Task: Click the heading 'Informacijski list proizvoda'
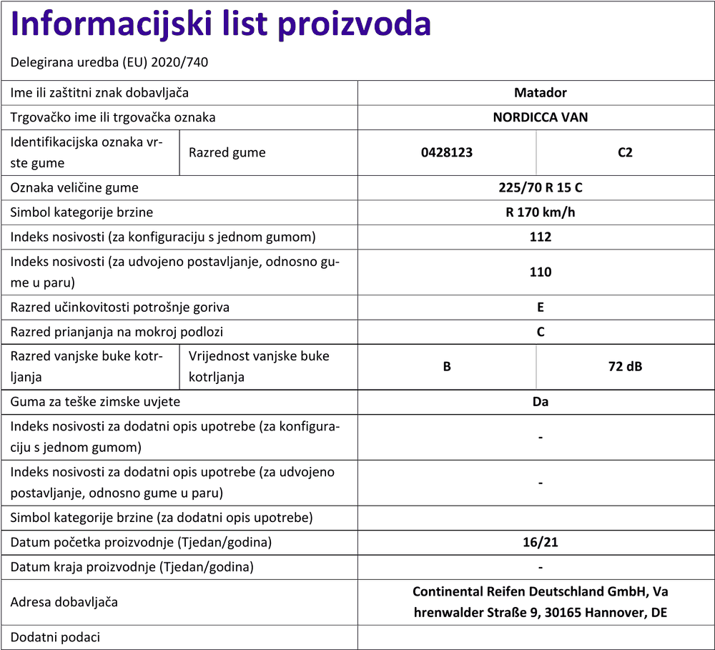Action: point(221,25)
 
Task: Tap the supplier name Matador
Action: point(540,93)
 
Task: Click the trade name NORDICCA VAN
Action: point(540,117)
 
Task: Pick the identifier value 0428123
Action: point(447,152)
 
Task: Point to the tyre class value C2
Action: point(625,152)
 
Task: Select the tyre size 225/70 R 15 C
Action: point(540,188)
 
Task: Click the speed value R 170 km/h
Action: point(540,212)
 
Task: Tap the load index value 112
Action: point(540,237)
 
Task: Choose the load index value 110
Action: point(540,272)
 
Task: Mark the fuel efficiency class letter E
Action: point(540,307)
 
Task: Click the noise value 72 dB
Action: point(625,367)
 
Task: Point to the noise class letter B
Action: point(447,367)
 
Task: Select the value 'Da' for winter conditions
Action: point(540,402)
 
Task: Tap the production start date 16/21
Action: point(540,543)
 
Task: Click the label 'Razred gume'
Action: point(227,152)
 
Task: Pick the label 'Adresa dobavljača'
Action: point(64,602)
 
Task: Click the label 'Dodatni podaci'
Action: point(56,637)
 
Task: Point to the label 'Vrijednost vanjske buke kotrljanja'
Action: point(259,366)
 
